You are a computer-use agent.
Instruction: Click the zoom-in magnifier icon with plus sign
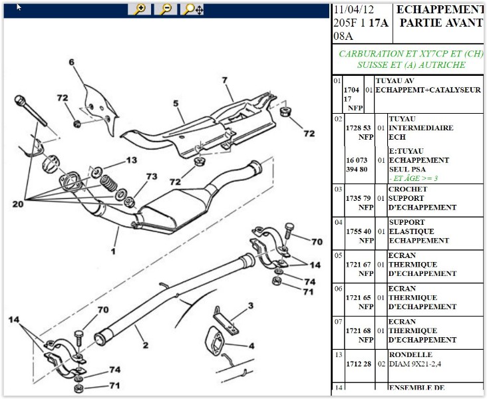[x=140, y=9]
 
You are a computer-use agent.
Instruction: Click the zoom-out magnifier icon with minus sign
[x=166, y=9]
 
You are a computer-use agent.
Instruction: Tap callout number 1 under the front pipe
[x=114, y=251]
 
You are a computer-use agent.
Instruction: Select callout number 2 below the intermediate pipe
[x=145, y=345]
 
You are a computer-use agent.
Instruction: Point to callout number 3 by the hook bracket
[x=250, y=306]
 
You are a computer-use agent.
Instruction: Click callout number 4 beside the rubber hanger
[x=251, y=346]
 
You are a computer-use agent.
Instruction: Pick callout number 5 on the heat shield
[x=176, y=104]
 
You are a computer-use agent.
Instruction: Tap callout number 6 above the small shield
[x=71, y=63]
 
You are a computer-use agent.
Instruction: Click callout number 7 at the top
[x=225, y=80]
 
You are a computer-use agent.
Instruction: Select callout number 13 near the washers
[x=131, y=160]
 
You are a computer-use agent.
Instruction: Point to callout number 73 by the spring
[x=151, y=176]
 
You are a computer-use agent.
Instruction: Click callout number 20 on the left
[x=17, y=204]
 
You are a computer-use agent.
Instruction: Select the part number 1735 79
[x=358, y=198]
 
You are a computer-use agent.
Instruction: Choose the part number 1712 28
[x=358, y=364]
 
